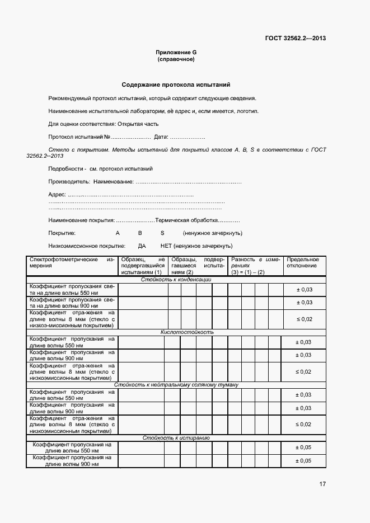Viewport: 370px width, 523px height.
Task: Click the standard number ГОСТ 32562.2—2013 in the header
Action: [x=295, y=39]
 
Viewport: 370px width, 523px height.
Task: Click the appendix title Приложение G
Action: [x=176, y=53]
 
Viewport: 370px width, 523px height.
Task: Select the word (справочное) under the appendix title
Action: [x=176, y=59]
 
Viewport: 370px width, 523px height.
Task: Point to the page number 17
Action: [x=322, y=484]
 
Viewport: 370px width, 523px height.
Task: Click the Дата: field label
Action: [x=161, y=137]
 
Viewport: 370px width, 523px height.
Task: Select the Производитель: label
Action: [x=69, y=182]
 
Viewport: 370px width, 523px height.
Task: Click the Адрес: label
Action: [x=57, y=195]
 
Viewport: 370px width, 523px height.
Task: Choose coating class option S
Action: [x=162, y=233]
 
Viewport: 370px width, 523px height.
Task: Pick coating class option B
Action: [x=140, y=233]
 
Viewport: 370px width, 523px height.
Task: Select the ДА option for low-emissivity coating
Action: [x=142, y=246]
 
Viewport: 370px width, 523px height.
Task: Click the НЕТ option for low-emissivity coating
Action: [x=166, y=246]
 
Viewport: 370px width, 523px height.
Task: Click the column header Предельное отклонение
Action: [x=303, y=263]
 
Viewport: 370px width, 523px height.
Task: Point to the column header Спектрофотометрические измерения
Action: [x=72, y=263]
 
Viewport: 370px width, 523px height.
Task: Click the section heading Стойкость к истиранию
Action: [x=176, y=438]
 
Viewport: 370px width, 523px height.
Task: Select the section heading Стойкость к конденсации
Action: [x=176, y=280]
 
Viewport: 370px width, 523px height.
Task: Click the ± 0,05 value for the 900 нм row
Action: [x=303, y=461]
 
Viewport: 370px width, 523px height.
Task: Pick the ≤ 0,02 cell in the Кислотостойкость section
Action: [x=303, y=372]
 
